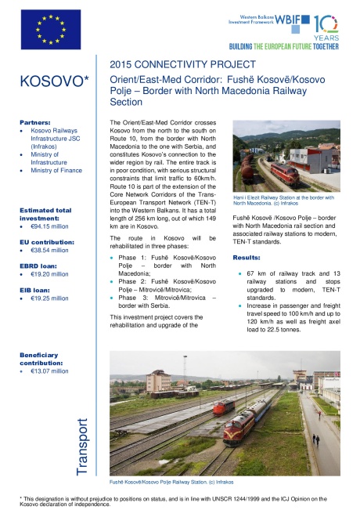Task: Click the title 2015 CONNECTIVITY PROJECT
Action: click(x=182, y=63)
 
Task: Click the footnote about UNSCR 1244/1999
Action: click(x=180, y=501)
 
